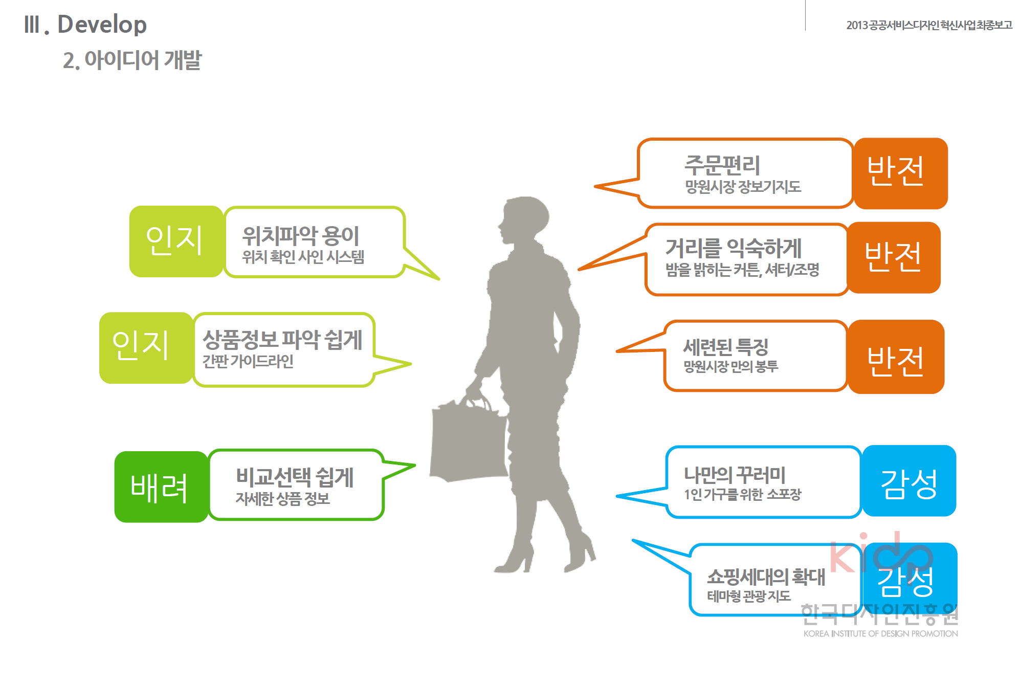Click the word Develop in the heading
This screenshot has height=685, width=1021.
pyautogui.click(x=102, y=25)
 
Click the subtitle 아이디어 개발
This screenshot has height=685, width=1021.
pyautogui.click(x=132, y=60)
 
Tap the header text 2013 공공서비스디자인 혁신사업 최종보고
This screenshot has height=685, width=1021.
pyautogui.click(x=929, y=25)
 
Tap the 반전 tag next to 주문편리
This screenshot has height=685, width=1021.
pyautogui.click(x=900, y=173)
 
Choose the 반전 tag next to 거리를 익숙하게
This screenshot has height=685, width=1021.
pyautogui.click(x=894, y=257)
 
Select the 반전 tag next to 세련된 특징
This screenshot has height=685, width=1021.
pyautogui.click(x=896, y=357)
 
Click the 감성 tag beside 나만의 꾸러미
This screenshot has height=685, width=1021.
pyautogui.click(x=909, y=481)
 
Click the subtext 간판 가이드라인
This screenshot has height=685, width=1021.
pyautogui.click(x=248, y=361)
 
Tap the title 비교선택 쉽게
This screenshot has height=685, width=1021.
pyautogui.click(x=295, y=477)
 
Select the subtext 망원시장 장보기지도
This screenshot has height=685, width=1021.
pyautogui.click(x=743, y=187)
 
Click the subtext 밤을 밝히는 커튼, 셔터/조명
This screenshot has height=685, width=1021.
pyautogui.click(x=742, y=270)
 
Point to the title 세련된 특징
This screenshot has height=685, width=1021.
pyautogui.click(x=726, y=347)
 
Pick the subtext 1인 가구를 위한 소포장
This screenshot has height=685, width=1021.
pyautogui.click(x=742, y=494)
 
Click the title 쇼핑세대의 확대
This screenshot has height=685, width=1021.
pyautogui.click(x=766, y=577)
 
